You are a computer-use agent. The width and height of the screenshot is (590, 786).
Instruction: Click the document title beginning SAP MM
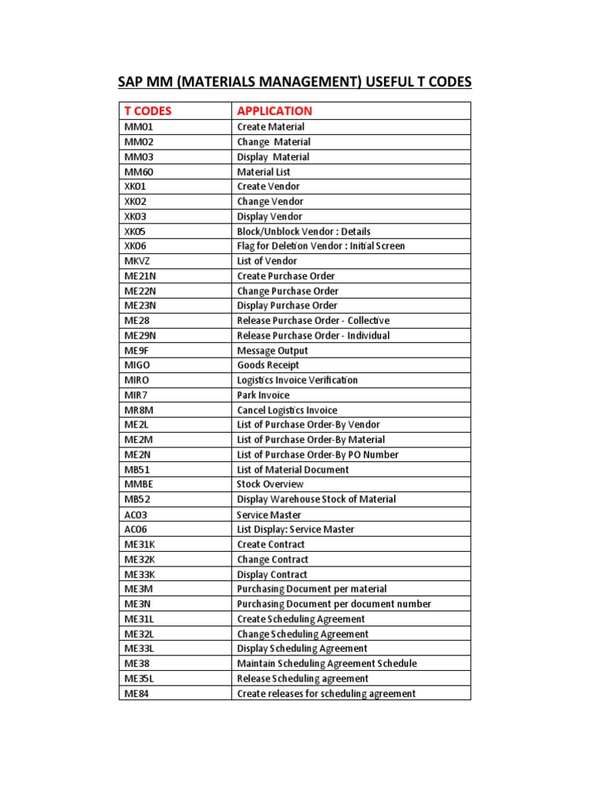point(294,81)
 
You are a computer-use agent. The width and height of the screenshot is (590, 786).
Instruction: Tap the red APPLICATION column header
point(274,111)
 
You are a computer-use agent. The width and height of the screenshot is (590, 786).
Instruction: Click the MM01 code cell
point(139,127)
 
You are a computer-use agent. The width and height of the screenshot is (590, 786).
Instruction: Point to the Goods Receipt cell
point(268,365)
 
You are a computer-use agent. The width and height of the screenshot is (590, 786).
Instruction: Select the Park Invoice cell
point(264,395)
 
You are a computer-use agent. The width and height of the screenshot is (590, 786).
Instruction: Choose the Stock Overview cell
point(270,484)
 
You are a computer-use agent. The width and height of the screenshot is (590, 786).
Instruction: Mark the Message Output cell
point(272,351)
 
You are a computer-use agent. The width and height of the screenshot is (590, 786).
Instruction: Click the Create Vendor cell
point(268,187)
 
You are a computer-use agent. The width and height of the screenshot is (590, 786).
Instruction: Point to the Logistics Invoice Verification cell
point(297,380)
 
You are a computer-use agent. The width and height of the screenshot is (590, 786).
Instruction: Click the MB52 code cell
point(138,499)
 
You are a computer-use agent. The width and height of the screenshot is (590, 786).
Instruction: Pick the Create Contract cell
point(270,544)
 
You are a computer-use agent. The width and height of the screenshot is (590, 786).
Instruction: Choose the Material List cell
point(264,172)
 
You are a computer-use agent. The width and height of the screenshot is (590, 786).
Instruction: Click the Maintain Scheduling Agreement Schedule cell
point(327,663)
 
